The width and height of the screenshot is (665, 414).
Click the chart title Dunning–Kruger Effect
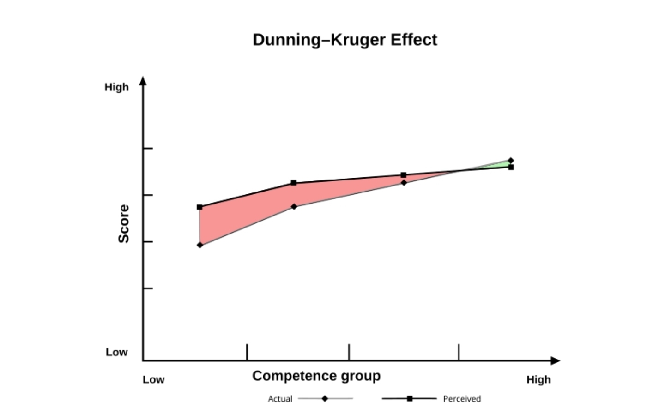345,40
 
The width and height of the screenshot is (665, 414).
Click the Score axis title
123,224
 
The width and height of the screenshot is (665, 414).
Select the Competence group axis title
316,376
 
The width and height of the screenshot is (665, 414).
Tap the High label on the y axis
117,87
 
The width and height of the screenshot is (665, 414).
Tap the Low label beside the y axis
117,352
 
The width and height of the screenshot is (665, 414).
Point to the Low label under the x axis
153,379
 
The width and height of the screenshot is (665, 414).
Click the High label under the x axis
538,379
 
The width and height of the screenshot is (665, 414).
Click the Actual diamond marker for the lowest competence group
200,245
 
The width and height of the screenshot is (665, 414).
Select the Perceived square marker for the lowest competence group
199,207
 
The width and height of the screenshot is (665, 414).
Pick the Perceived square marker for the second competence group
294,183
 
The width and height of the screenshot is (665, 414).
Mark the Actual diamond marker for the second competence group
294,207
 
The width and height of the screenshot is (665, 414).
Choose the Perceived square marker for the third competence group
404,175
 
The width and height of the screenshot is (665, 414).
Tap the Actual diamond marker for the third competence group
404,183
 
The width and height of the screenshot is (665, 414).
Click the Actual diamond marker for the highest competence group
511,161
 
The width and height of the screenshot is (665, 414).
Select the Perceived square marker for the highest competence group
511,168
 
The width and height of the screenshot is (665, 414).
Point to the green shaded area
499,166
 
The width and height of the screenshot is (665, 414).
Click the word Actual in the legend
280,399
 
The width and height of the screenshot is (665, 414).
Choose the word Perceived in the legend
462,399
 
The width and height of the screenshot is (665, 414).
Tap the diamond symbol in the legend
325,399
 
